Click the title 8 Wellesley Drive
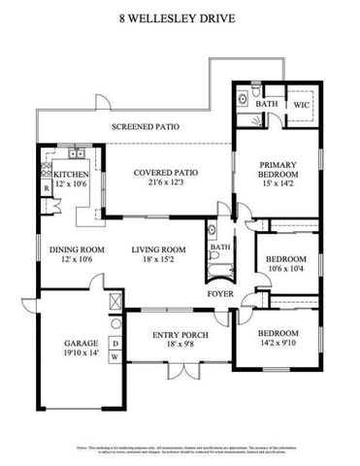click(x=180, y=17)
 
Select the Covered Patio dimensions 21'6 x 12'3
click(x=166, y=183)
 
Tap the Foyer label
click(x=220, y=292)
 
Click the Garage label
click(x=78, y=343)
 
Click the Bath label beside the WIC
click(x=265, y=104)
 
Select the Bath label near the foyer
click(x=220, y=248)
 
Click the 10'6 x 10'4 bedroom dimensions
click(x=285, y=270)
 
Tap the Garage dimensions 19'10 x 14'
click(x=78, y=353)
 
